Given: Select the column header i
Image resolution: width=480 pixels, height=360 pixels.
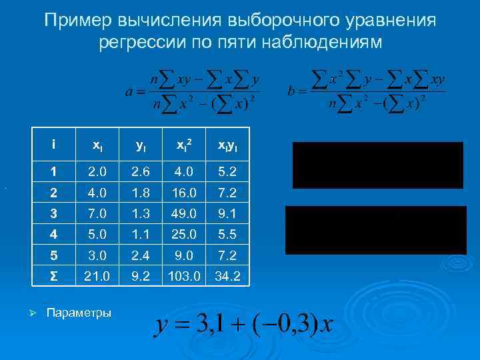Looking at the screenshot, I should [x=53, y=143].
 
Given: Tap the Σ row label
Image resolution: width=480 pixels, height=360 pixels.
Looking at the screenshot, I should [x=54, y=274].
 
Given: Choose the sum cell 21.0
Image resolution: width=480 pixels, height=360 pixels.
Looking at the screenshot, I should [x=97, y=274].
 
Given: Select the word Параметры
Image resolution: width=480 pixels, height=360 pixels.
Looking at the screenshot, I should [x=79, y=313].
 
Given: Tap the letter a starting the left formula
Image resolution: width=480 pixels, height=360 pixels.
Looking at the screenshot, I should [x=129, y=91].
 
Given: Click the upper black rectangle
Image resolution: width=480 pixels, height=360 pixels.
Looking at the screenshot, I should [x=377, y=165].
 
